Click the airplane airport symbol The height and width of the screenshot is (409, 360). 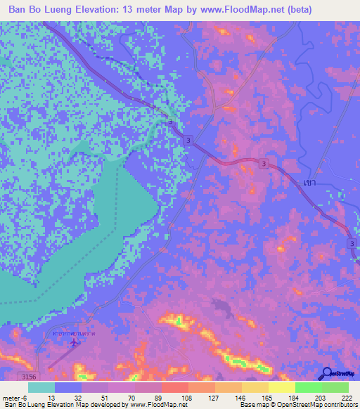[75, 343]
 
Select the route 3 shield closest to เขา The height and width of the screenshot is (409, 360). [264, 164]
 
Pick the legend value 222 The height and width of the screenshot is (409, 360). [347, 398]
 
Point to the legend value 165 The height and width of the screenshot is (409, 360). [266, 398]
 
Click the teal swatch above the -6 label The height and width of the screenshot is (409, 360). [41, 387]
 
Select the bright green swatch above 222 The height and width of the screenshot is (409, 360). [335, 387]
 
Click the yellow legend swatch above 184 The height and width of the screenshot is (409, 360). [282, 387]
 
